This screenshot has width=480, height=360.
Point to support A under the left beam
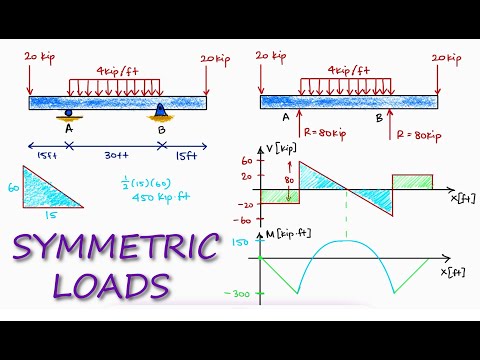pyautogui.click(x=68, y=113)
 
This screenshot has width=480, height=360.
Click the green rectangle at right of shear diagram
pyautogui.click(x=411, y=181)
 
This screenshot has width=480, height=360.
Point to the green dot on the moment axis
pyautogui.click(x=261, y=259)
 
